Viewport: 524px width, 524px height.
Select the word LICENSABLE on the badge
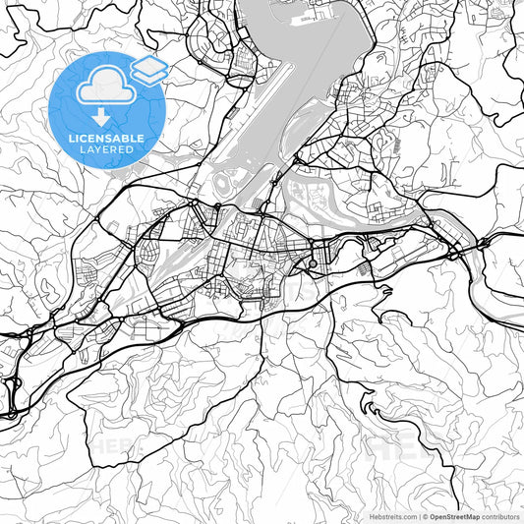tap(106, 139)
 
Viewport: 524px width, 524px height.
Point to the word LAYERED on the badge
tap(106, 149)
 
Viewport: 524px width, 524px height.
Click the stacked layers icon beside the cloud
tap(148, 69)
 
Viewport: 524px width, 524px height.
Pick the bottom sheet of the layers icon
tap(148, 76)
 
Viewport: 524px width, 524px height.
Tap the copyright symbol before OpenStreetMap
tap(426, 516)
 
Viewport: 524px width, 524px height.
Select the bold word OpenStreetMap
tap(455, 516)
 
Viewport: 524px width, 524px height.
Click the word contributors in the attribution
tap(500, 516)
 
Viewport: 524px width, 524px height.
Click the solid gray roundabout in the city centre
tap(313, 263)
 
